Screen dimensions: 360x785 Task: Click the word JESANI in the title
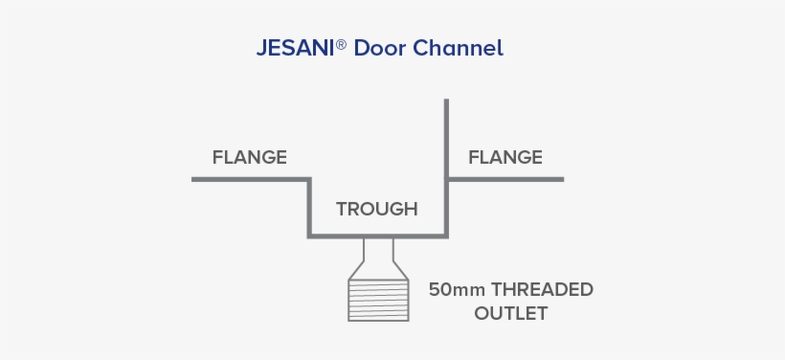pyautogui.click(x=295, y=48)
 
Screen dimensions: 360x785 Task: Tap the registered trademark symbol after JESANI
pyautogui.click(x=342, y=43)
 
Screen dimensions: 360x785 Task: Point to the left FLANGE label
pyautogui.click(x=249, y=157)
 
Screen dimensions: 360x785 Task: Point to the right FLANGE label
pyautogui.click(x=505, y=157)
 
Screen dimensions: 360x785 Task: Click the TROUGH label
pyautogui.click(x=376, y=209)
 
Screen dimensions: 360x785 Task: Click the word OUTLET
pyautogui.click(x=511, y=313)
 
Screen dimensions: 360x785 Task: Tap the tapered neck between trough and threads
pyautogui.click(x=377, y=257)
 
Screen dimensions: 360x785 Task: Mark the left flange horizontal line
pyautogui.click(x=249, y=179)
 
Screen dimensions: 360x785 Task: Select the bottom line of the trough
pyautogui.click(x=377, y=235)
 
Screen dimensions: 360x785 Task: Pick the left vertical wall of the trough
pyautogui.click(x=309, y=206)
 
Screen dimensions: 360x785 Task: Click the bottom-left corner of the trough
pyautogui.click(x=309, y=235)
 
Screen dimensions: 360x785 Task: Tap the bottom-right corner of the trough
pyautogui.click(x=447, y=235)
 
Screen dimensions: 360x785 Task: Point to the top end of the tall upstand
pyautogui.click(x=447, y=101)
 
